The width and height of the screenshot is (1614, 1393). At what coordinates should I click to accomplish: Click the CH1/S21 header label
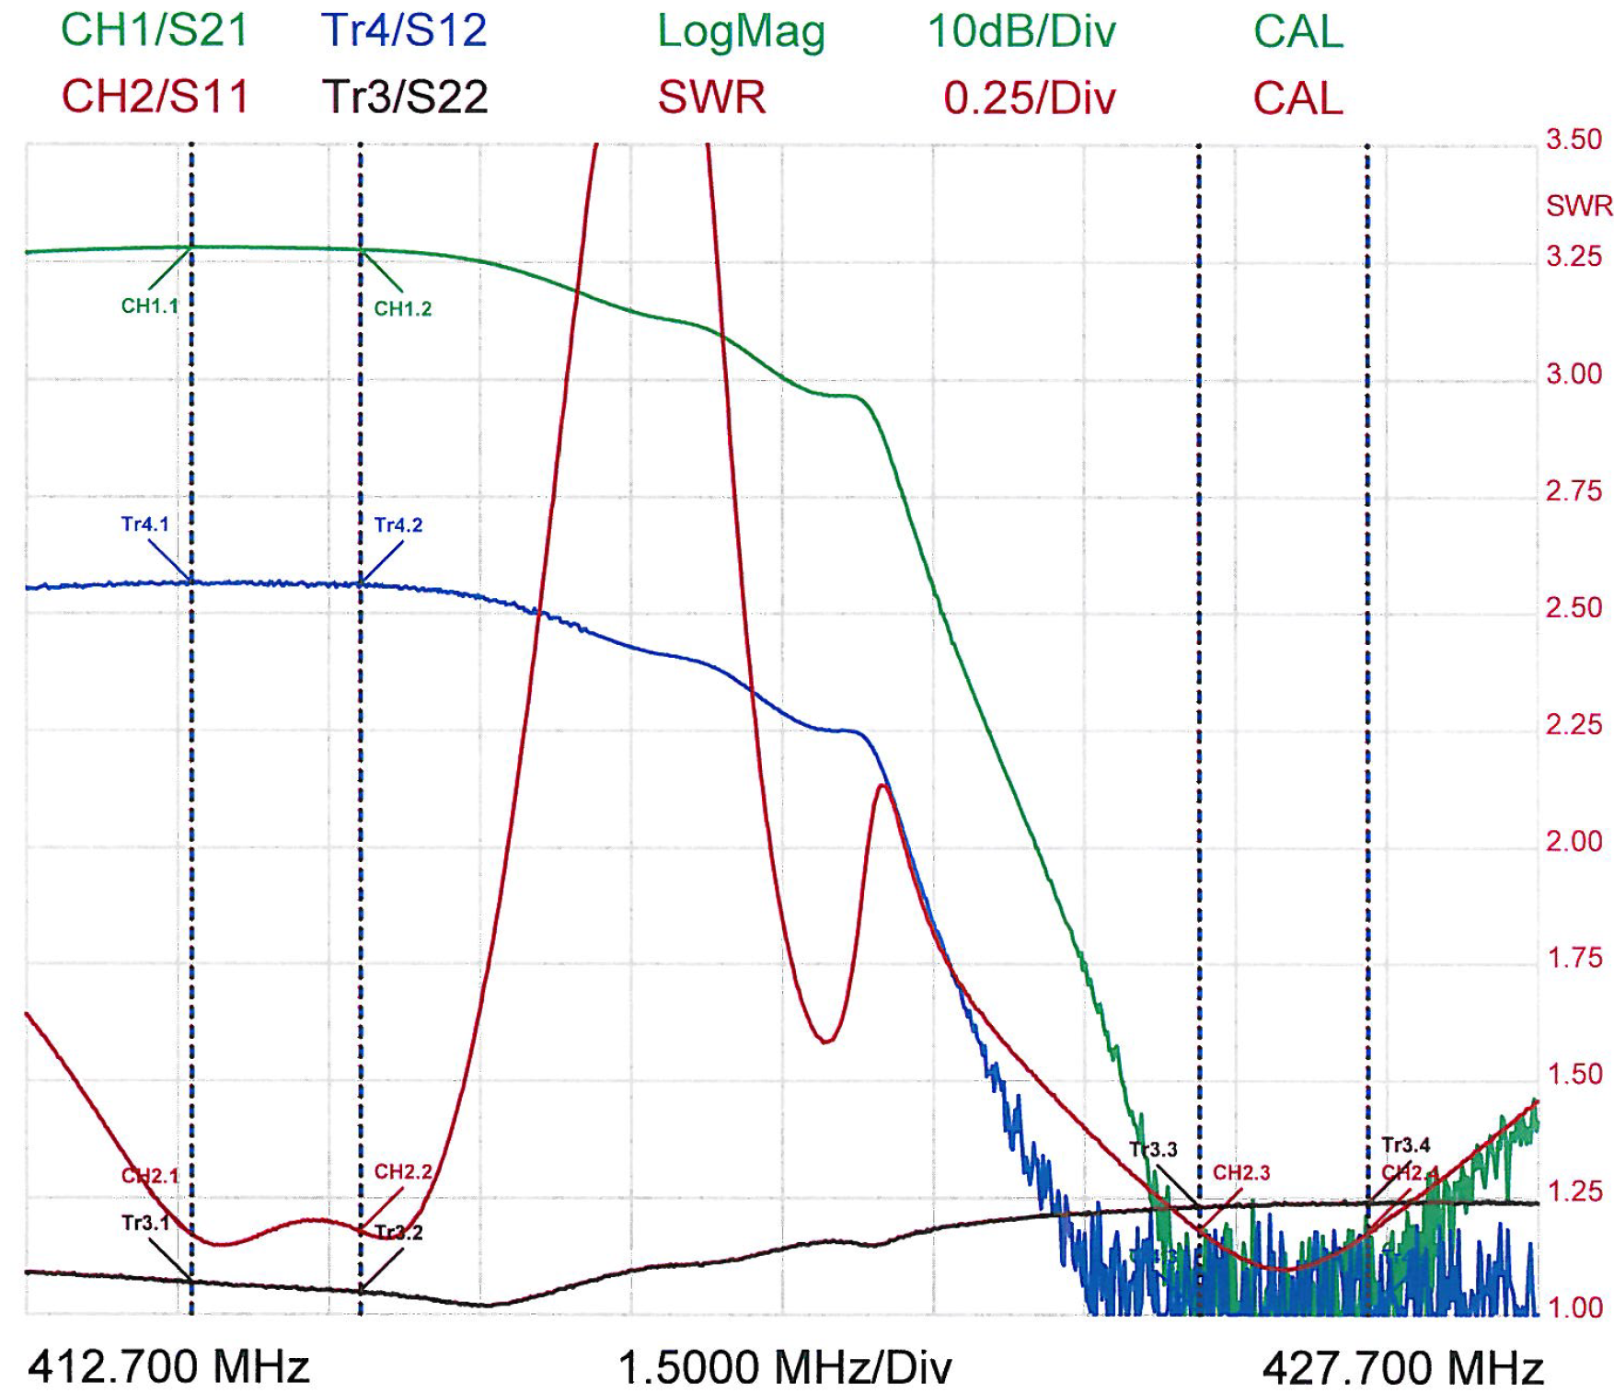point(155,30)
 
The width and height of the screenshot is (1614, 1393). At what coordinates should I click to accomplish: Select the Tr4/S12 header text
point(404,30)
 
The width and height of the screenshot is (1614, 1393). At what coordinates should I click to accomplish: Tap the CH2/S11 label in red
point(155,97)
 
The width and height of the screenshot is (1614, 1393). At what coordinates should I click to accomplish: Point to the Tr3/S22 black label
point(404,97)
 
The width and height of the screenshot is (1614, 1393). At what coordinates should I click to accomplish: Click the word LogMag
point(741,32)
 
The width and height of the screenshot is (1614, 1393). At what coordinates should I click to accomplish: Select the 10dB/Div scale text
point(1021,32)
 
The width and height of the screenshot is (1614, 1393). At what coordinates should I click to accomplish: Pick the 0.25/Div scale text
point(1030,98)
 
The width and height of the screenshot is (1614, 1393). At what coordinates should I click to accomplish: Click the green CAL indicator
point(1297,32)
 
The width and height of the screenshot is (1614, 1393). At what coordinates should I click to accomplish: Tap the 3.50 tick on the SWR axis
point(1574,140)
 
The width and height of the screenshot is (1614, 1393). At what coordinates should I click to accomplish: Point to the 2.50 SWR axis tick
point(1574,608)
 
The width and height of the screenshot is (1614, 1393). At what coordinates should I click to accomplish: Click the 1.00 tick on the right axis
point(1574,1307)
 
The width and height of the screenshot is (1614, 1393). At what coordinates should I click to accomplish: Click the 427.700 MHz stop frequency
point(1402,1369)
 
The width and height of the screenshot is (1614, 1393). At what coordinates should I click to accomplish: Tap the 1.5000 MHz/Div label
point(785,1368)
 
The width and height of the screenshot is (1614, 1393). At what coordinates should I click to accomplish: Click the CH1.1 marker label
point(149,306)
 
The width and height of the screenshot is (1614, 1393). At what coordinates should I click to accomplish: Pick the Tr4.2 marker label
point(398,525)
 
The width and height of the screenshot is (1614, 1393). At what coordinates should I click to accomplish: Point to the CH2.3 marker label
point(1241,1173)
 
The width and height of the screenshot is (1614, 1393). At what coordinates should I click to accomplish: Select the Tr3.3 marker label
point(1153,1149)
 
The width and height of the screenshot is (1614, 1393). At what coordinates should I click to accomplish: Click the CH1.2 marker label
point(403,309)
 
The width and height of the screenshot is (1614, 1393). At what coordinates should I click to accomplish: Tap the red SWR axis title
point(1579,205)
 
